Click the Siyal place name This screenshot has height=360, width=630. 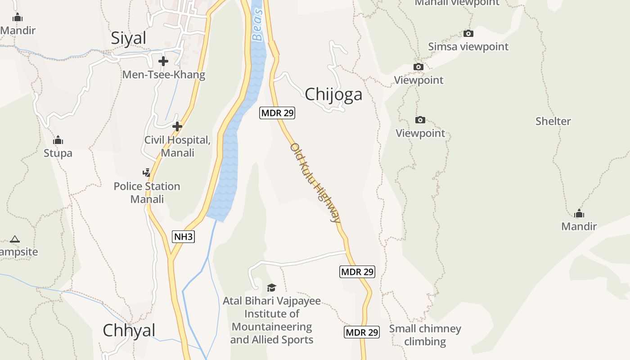[x=129, y=38]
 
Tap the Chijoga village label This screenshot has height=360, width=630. [x=333, y=94]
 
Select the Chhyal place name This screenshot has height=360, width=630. [x=129, y=330]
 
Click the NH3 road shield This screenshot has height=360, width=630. [x=184, y=237]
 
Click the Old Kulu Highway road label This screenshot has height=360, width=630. [x=315, y=182]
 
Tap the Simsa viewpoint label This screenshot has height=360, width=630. [x=468, y=47]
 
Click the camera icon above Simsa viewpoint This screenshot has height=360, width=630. [x=468, y=33]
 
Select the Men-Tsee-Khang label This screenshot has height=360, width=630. [x=164, y=75]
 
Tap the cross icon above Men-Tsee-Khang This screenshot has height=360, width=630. [x=163, y=61]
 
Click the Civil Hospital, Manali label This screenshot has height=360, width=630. [x=177, y=146]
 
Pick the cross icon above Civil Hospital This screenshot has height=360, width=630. [x=177, y=126]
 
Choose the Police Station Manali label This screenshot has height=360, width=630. [x=147, y=193]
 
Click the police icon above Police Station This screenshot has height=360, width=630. [x=146, y=172]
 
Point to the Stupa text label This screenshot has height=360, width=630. [x=58, y=153]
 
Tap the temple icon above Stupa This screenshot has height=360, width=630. [x=58, y=140]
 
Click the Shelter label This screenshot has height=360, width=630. [x=553, y=121]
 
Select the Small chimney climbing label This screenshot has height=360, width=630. [x=425, y=335]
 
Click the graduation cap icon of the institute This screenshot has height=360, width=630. [x=271, y=288]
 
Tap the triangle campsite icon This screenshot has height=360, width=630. [x=15, y=239]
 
